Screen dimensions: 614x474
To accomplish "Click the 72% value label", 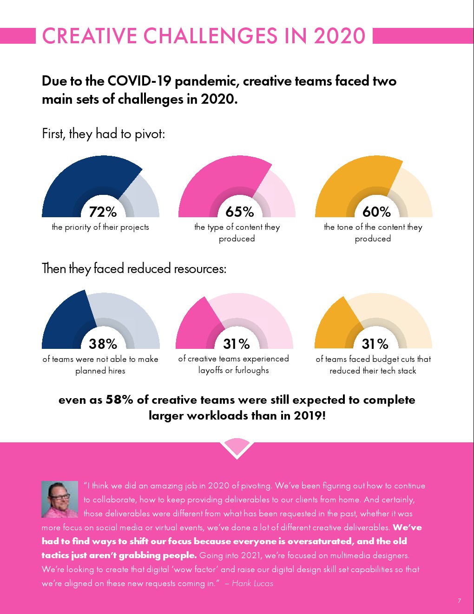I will coord(103,212).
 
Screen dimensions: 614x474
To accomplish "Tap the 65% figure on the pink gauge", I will coord(240,212).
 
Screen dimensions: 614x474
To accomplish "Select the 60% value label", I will coord(376,212).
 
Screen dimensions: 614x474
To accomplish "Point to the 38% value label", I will coord(103,344).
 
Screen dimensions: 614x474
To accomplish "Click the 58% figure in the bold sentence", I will coord(119,400).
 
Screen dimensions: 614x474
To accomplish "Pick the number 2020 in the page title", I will coord(340,36).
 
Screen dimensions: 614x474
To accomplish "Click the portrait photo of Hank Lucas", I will coord(59,499).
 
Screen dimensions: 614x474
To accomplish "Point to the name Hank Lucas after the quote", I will coord(252,583).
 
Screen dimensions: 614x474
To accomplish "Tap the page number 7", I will coord(459,601).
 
